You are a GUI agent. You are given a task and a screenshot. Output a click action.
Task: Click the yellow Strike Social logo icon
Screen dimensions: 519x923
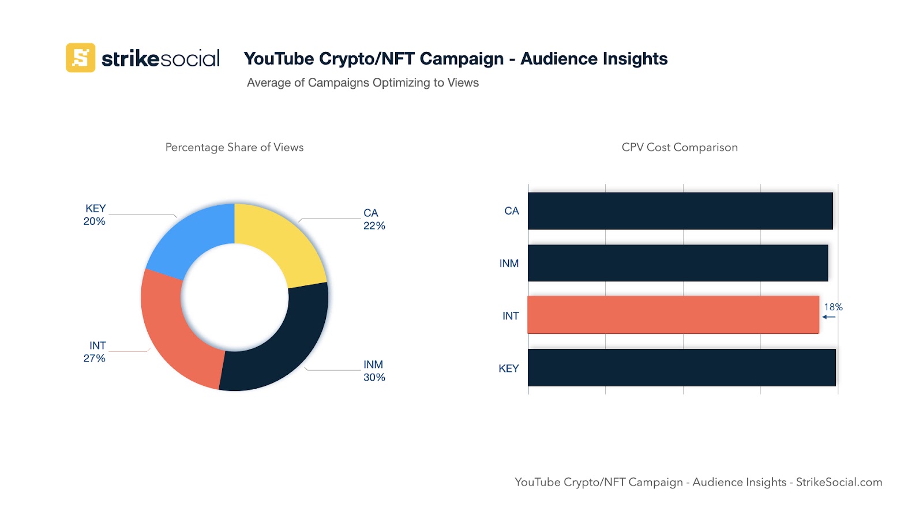[80, 58]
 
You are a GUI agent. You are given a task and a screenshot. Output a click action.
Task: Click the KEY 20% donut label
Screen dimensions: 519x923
[95, 215]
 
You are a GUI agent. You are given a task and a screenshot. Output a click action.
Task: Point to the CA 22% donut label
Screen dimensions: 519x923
[374, 219]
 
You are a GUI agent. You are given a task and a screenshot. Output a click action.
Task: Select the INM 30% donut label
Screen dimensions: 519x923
[374, 371]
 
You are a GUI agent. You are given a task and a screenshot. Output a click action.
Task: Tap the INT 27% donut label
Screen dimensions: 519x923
[95, 352]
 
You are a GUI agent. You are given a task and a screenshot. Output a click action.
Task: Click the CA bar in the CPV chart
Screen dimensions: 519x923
[680, 211]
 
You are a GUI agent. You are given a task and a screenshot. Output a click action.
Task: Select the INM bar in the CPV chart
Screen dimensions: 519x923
[678, 263]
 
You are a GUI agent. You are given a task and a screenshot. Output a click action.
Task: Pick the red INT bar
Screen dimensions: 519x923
[673, 315]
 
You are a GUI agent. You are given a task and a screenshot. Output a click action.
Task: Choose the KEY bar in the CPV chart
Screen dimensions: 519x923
[681, 367]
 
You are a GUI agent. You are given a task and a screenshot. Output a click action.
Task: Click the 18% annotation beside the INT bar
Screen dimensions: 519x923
[833, 307]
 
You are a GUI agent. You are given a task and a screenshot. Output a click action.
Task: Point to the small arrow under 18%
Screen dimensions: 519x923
[828, 317]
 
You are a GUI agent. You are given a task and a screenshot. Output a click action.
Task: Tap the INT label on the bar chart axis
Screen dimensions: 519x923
[511, 316]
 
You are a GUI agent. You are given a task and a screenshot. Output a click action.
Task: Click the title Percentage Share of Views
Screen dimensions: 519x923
[234, 147]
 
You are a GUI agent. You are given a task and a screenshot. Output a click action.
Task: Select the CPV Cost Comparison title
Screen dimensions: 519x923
[680, 147]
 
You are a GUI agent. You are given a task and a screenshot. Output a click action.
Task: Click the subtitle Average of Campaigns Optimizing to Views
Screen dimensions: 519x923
[363, 82]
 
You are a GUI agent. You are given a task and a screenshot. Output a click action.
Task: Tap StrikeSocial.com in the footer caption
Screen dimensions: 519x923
[839, 482]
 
